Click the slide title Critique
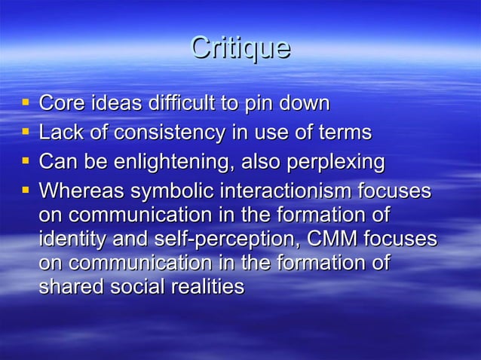[240, 48]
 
